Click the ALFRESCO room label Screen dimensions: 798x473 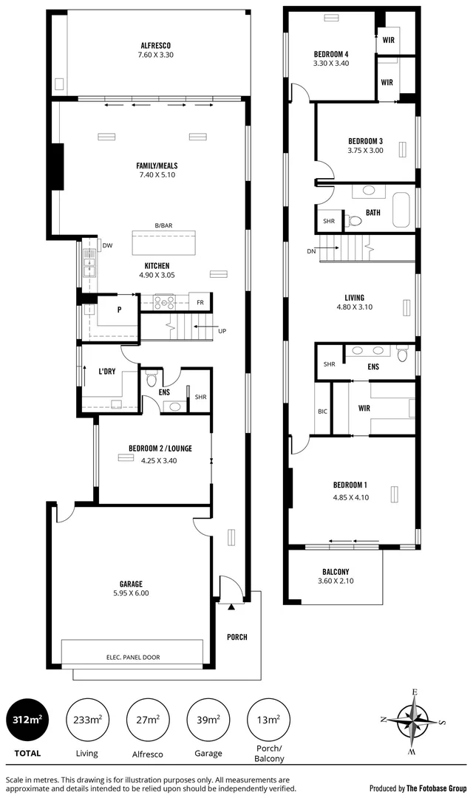[155, 44]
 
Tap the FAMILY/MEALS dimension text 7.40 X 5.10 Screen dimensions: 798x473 [156, 175]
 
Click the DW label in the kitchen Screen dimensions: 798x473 [107, 246]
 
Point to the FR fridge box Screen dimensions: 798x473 [200, 302]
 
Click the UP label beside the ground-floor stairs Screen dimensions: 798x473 [222, 331]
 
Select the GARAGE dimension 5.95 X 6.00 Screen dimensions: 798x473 [131, 593]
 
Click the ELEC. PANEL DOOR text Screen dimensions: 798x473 [134, 657]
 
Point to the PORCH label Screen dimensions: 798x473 [237, 637]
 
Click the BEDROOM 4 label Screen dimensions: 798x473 [330, 53]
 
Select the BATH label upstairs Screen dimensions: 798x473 [373, 213]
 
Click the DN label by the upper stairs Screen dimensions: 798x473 [310, 251]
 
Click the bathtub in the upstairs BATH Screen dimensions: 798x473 [403, 211]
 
